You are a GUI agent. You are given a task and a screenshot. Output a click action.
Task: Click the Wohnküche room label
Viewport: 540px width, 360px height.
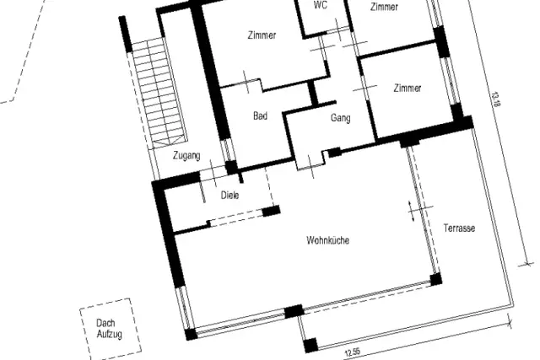[x=328, y=240]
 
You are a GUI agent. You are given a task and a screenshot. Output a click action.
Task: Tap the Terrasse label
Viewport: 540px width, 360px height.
[x=459, y=228]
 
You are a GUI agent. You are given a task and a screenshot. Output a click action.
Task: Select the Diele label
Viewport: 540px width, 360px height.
[x=229, y=195]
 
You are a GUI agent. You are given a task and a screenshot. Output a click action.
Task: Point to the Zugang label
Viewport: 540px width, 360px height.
[x=186, y=156]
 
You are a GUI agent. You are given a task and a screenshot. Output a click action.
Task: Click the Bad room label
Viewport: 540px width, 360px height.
[x=261, y=116]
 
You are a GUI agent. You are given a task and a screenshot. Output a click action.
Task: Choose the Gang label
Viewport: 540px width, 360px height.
[x=341, y=118]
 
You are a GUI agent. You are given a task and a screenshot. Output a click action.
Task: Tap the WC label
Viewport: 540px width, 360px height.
[x=321, y=5]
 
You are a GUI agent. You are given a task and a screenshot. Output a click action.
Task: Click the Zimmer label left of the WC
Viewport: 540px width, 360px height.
[x=262, y=35]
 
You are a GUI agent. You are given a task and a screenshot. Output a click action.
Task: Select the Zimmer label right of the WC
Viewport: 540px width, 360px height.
[x=384, y=7]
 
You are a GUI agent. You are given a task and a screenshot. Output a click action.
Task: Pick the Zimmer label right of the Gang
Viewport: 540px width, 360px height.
[x=408, y=89]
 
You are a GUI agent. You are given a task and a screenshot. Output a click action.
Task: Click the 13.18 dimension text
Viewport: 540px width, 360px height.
[x=495, y=99]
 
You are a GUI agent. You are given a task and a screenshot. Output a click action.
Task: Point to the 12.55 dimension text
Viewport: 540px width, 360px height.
[x=353, y=352]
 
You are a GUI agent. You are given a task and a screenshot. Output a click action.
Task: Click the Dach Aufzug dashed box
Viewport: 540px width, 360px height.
[x=81, y=327]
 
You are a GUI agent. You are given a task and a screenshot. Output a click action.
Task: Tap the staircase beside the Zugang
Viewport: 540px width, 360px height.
[x=159, y=93]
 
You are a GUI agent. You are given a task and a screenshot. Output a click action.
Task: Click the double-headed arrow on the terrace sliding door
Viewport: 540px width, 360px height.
[x=410, y=211]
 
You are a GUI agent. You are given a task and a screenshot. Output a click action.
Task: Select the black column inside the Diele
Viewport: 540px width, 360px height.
[x=271, y=211]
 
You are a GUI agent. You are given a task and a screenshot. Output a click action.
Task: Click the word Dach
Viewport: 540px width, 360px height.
[x=105, y=323]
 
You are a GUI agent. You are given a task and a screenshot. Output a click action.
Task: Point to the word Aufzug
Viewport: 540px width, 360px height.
[x=110, y=334]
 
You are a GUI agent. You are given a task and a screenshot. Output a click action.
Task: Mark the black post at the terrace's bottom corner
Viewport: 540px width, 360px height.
[x=310, y=345]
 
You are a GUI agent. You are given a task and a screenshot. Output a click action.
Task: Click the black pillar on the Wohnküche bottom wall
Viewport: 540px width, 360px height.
[x=294, y=311]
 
